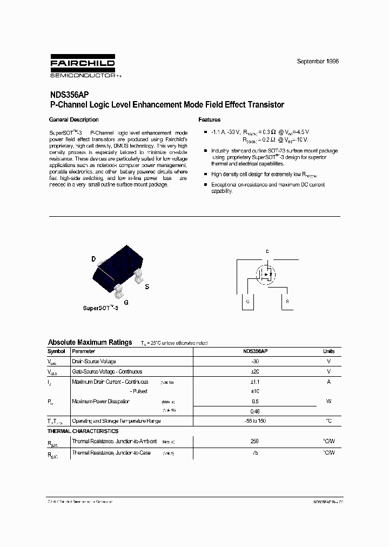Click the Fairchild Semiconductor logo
pyautogui.click(x=83, y=66)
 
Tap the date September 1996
pyautogui.click(x=318, y=62)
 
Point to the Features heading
pyautogui.click(x=209, y=119)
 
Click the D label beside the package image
pyautogui.click(x=93, y=259)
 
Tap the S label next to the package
pyautogui.click(x=147, y=287)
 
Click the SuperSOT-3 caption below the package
pyautogui.click(x=100, y=308)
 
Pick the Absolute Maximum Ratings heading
pyautogui.click(x=90, y=342)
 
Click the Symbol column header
pyautogui.click(x=57, y=351)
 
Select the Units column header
pyautogui.click(x=328, y=351)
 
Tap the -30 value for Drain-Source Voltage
pyautogui.click(x=254, y=361)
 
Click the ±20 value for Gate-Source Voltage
pyautogui.click(x=254, y=371)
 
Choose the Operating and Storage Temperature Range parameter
pyautogui.click(x=116, y=421)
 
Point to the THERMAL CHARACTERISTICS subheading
pyautogui.click(x=83, y=431)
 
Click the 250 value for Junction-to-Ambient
pyautogui.click(x=254, y=441)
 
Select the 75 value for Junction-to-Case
pyautogui.click(x=254, y=452)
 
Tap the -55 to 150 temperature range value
pyautogui.click(x=254, y=421)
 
